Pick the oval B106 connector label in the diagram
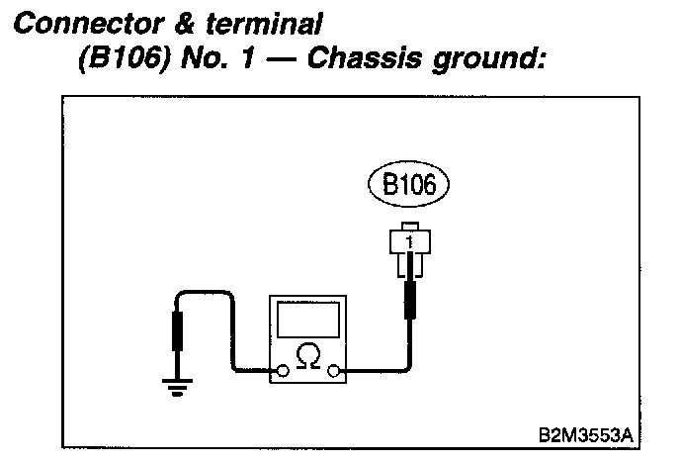click(x=408, y=183)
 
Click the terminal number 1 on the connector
click(x=408, y=238)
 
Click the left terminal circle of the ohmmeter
click(x=283, y=373)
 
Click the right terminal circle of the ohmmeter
click(x=333, y=373)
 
